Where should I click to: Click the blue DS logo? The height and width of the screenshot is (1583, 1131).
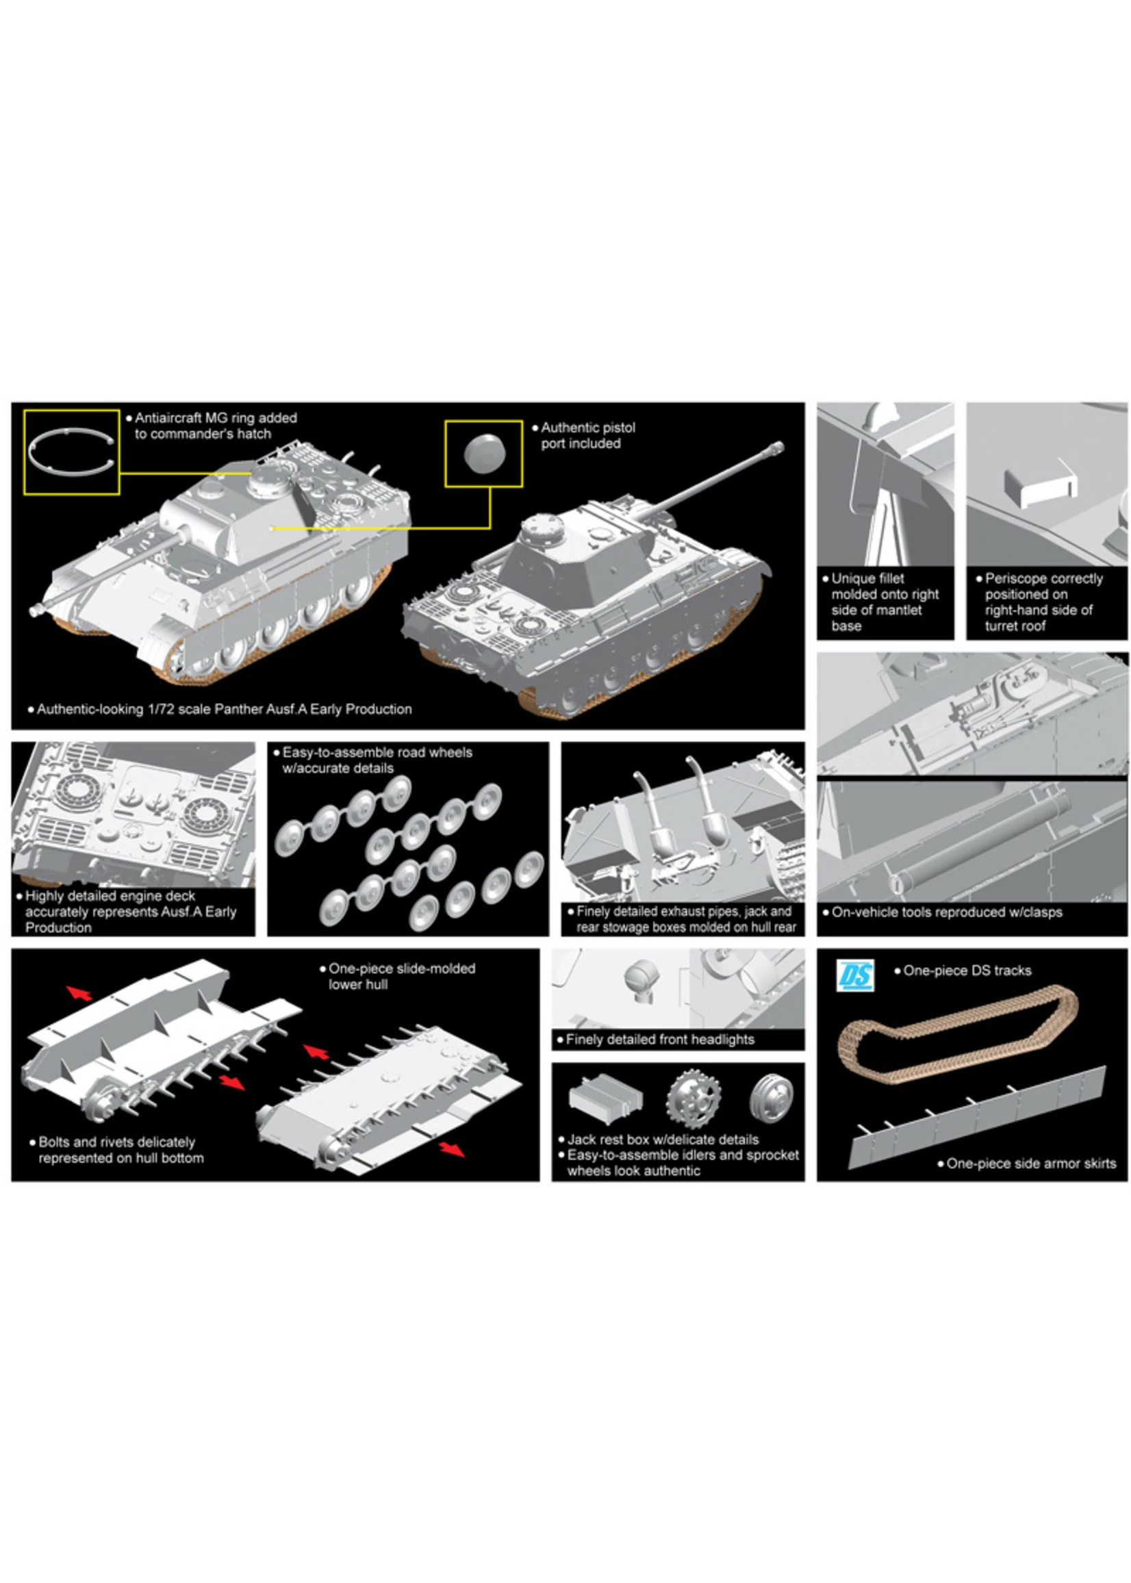[x=855, y=976]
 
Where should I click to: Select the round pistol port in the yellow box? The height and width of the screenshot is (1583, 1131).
[x=483, y=452]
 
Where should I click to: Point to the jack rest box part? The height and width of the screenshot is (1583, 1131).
[x=605, y=1098]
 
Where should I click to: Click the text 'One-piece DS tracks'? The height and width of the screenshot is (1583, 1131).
[x=967, y=970]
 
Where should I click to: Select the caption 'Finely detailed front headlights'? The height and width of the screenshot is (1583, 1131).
[x=659, y=1040]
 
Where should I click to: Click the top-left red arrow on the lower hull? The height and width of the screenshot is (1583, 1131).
[x=79, y=993]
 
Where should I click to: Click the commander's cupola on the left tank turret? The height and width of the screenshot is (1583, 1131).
[x=270, y=480]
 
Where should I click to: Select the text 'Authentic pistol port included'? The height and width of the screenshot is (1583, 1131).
[x=587, y=435]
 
